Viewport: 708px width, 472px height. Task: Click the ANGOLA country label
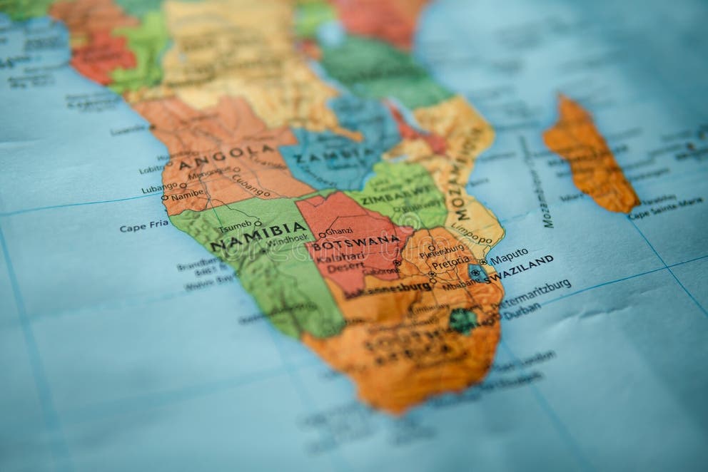[226, 157]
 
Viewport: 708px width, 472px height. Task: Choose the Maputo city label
[509, 254]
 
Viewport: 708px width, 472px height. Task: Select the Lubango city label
[159, 188]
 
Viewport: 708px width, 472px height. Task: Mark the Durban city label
[521, 312]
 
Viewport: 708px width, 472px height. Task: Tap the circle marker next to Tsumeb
[257, 223]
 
